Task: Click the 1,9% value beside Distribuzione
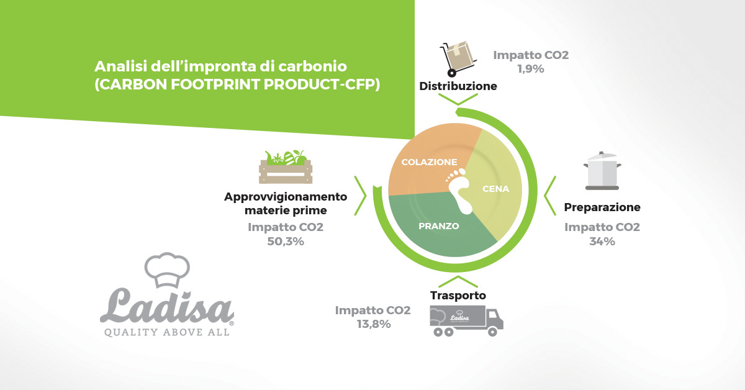[531, 69]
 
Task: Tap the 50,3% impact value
[286, 241]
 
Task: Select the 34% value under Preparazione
[602, 241]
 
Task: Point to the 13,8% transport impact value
[374, 324]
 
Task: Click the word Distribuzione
[458, 86]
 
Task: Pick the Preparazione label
[602, 207]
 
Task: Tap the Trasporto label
[458, 295]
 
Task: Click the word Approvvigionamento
[286, 197]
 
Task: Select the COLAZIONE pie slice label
[430, 162]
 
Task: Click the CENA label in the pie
[496, 189]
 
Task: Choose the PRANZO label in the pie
[439, 226]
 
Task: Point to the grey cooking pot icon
[602, 171]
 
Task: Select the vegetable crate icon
[286, 167]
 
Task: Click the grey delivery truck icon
[466, 321]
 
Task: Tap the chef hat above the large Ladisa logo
[167, 270]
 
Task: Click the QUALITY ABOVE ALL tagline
[167, 332]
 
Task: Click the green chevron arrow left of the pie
[361, 196]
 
